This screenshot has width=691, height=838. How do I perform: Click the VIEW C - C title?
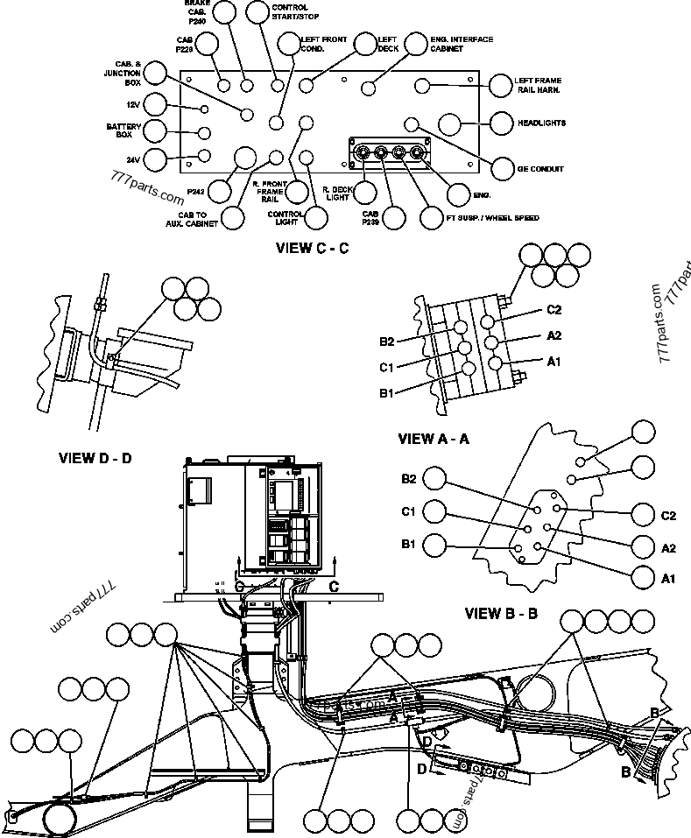tap(313, 248)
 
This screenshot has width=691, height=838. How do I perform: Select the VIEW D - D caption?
tap(95, 457)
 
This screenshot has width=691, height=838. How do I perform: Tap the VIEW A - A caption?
tap(434, 439)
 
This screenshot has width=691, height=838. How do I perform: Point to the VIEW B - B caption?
tap(501, 612)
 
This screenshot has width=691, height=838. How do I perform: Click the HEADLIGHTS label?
tap(540, 123)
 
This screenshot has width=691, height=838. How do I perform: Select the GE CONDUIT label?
tap(540, 168)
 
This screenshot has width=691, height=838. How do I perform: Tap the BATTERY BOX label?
tap(118, 131)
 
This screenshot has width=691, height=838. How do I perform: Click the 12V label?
tap(132, 104)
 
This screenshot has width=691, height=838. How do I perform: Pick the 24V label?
tap(132, 159)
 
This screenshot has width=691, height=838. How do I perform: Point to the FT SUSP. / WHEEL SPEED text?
tap(492, 217)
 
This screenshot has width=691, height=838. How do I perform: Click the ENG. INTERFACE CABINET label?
tap(462, 44)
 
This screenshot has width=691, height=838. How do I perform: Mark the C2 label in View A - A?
tap(554, 310)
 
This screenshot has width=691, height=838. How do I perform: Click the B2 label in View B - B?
tap(409, 478)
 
